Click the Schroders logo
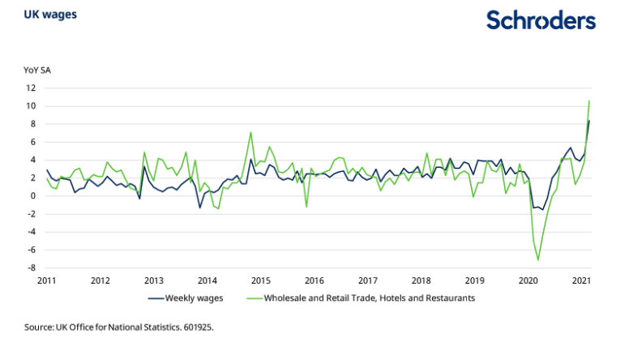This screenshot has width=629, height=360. click(x=541, y=21)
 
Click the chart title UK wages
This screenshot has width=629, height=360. click(x=45, y=15)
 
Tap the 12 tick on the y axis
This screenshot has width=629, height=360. click(x=30, y=88)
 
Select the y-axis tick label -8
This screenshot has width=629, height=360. click(x=30, y=268)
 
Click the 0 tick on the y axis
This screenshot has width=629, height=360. click(x=32, y=195)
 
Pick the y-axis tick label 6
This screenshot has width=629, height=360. click(x=32, y=142)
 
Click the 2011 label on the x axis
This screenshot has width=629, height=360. click(x=46, y=281)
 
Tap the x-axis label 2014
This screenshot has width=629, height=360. click(x=207, y=281)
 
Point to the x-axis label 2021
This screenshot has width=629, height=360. click(x=581, y=281)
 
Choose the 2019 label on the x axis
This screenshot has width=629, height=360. click(x=474, y=281)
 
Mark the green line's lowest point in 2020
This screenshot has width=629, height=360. click(x=538, y=260)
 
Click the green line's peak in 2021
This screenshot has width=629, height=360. click(x=589, y=101)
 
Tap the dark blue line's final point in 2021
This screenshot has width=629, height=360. click(x=589, y=121)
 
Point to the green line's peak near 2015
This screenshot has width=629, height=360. click(x=251, y=132)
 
